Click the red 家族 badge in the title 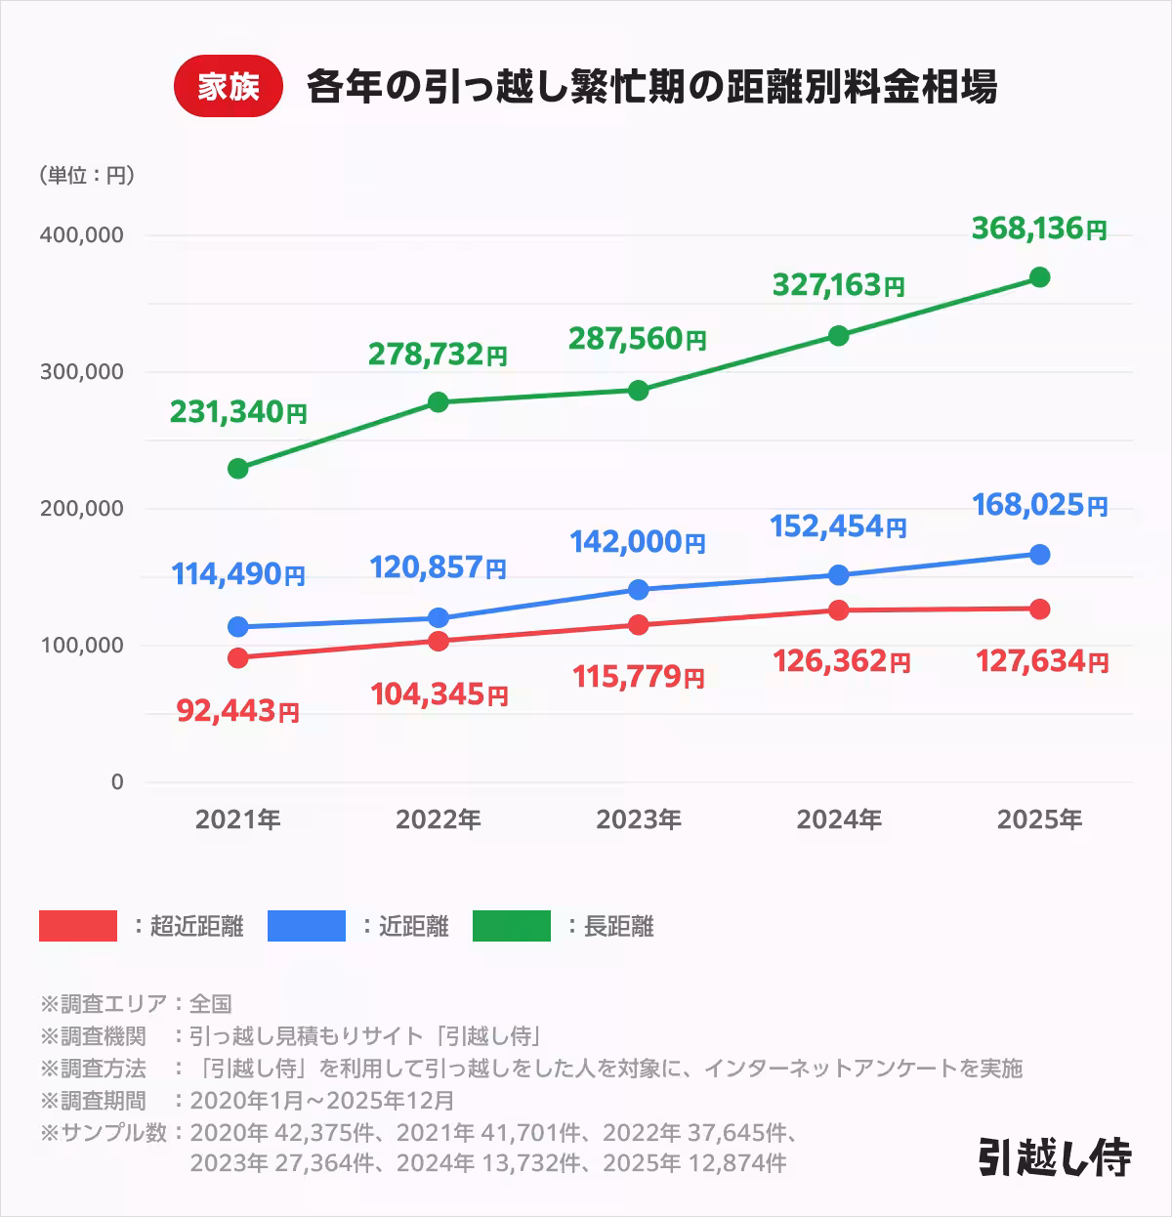pos(228,87)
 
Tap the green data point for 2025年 pos(1039,277)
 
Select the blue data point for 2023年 pos(638,589)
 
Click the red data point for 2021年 pos(237,657)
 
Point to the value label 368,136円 pos(1039,229)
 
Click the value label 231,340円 pos(238,412)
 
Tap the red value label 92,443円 pos(237,711)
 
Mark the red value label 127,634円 pos(1041,661)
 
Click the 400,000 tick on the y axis pos(81,235)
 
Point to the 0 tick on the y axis pos(117,782)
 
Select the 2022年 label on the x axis pos(438,819)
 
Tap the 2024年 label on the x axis pos(839,819)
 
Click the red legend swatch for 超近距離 pos(78,926)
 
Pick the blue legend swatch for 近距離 pos(307,926)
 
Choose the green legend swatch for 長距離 pos(512,926)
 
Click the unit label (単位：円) pos(87,175)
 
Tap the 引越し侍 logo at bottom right pos(1055,1156)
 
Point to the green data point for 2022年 pos(439,401)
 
